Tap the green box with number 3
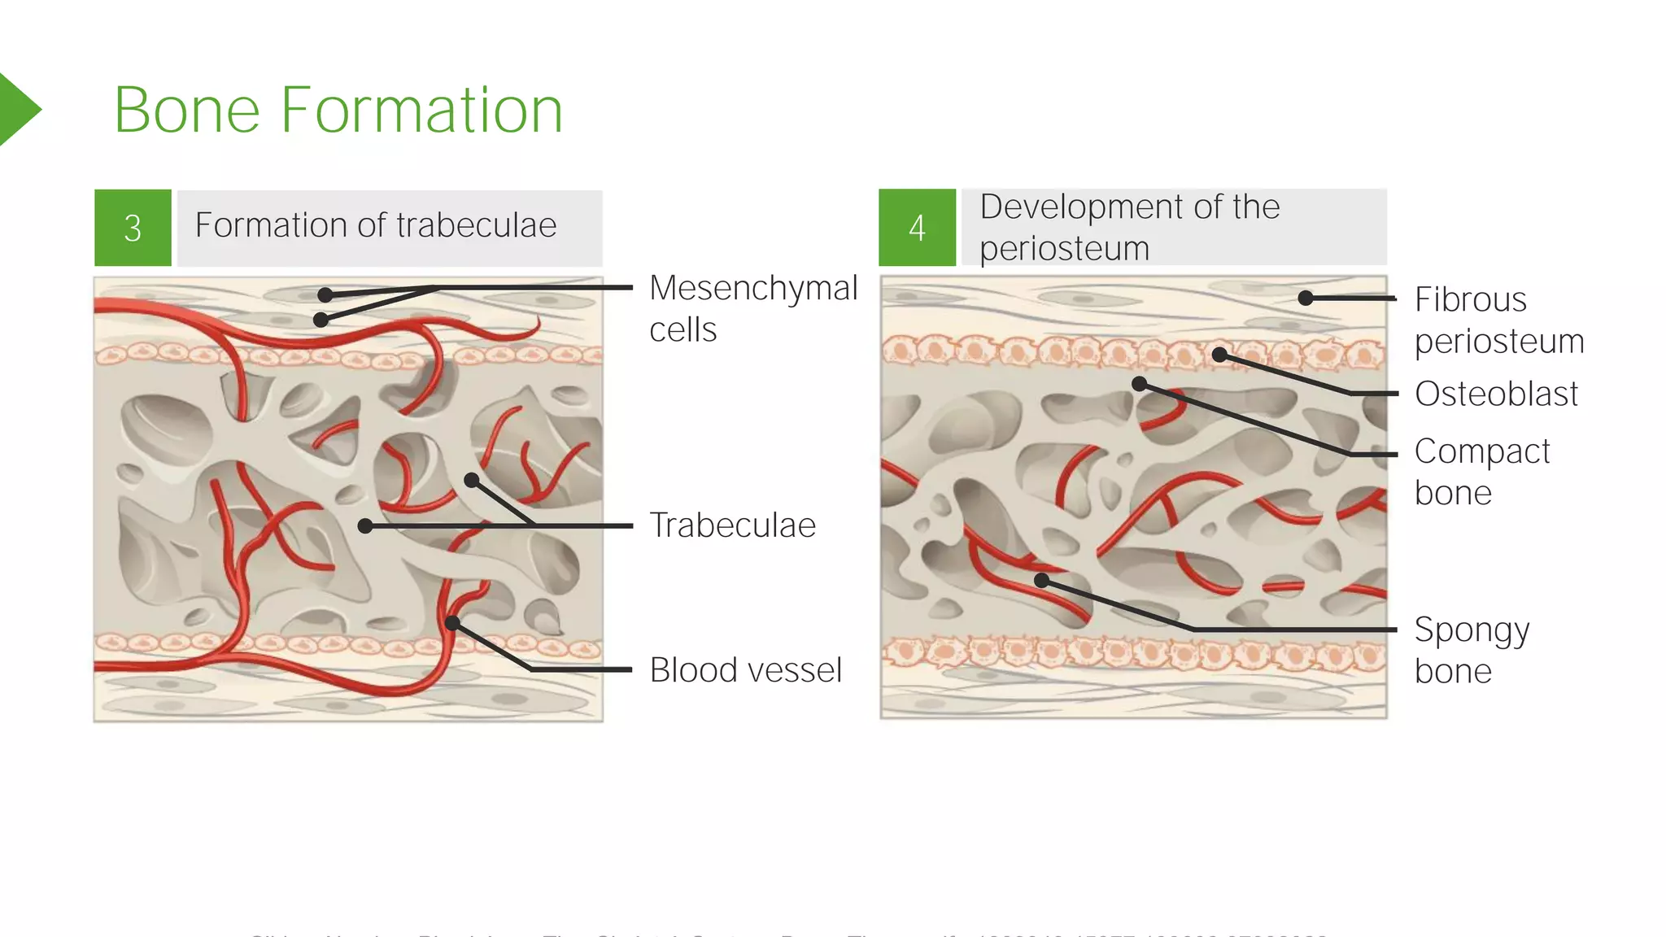pyautogui.click(x=133, y=228)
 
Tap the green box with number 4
pyautogui.click(x=917, y=228)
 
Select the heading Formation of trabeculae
pyautogui.click(x=376, y=225)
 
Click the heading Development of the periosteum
pyautogui.click(x=1129, y=227)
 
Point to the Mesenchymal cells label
pyautogui.click(x=752, y=308)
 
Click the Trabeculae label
pyautogui.click(x=732, y=525)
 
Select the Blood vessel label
pyautogui.click(x=745, y=670)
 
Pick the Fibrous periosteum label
pyautogui.click(x=1498, y=320)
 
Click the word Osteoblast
pyautogui.click(x=1496, y=394)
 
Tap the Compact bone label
pyautogui.click(x=1481, y=472)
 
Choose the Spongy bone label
pyautogui.click(x=1472, y=650)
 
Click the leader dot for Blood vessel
pyautogui.click(x=452, y=624)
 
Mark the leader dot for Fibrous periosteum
pyautogui.click(x=1306, y=299)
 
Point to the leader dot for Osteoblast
pyautogui.click(x=1219, y=355)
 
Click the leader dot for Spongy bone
pyautogui.click(x=1042, y=581)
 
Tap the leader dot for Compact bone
pyautogui.click(x=1140, y=384)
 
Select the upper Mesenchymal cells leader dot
pyautogui.click(x=325, y=294)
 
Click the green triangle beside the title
pyautogui.click(x=18, y=109)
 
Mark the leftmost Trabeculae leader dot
pyautogui.click(x=365, y=526)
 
